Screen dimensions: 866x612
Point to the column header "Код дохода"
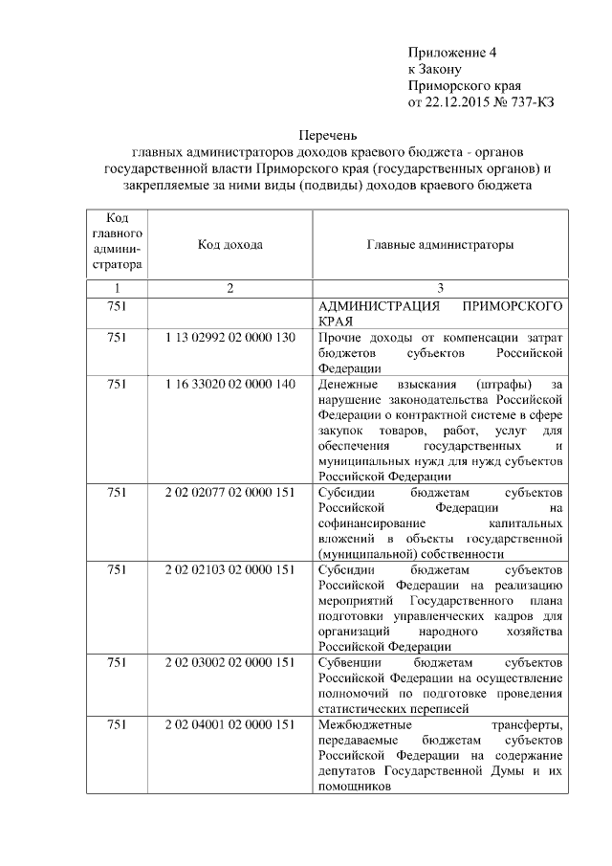pyautogui.click(x=229, y=245)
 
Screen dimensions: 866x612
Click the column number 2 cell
pyautogui.click(x=229, y=288)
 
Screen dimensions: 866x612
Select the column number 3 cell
pyautogui.click(x=440, y=288)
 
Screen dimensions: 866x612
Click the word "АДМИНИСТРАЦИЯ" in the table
pyautogui.click(x=374, y=307)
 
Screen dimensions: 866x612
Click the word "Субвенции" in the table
pyautogui.click(x=350, y=662)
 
